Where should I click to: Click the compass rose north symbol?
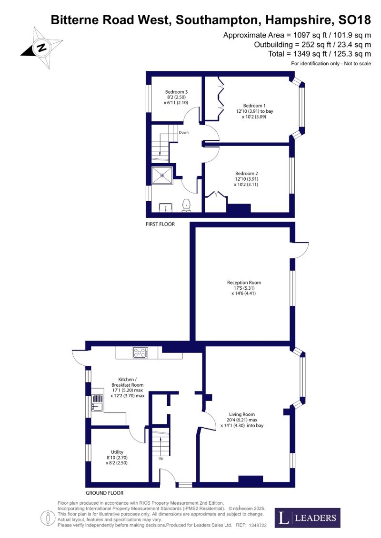(42, 47)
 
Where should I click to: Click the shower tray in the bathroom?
(162, 175)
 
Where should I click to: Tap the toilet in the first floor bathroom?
(186, 205)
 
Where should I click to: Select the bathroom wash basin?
(167, 207)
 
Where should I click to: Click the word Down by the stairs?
(183, 132)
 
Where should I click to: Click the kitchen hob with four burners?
(140, 352)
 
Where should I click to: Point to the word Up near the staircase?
(161, 459)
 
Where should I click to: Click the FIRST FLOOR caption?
(160, 224)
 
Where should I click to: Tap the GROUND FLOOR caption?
(104, 493)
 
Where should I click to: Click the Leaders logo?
(308, 518)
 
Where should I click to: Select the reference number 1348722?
(257, 525)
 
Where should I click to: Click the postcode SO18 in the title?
(354, 20)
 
